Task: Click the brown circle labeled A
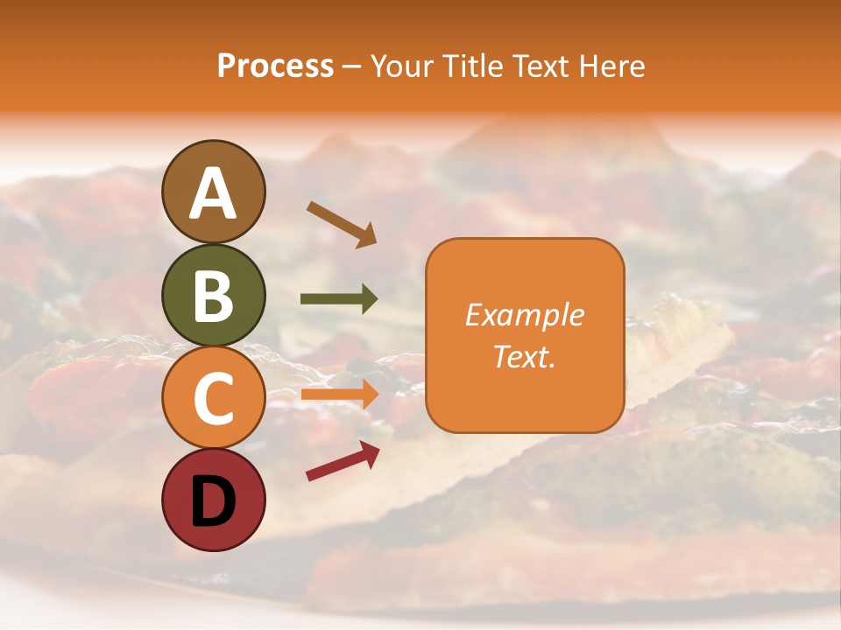pos(214,192)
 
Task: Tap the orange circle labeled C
pos(214,397)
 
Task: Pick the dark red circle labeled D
pos(214,500)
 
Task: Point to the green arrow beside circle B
pos(339,299)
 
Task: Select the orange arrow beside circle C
pos(339,394)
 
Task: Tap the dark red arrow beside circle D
pos(343,461)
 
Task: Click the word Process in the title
pos(275,66)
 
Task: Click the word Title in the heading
pos(475,66)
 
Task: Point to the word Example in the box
pos(524,315)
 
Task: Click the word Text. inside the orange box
pos(524,357)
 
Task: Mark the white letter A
pos(214,193)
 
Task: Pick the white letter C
pos(214,398)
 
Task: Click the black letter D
pos(214,500)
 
